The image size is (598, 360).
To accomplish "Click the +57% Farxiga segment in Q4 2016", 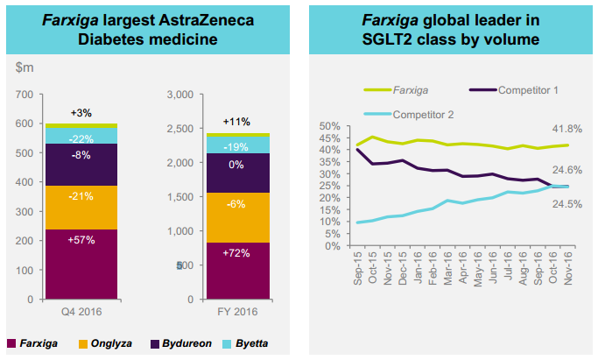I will tap(82, 264).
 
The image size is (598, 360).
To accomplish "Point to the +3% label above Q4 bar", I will tap(82, 113).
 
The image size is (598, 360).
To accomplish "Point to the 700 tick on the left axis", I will tap(24, 95).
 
